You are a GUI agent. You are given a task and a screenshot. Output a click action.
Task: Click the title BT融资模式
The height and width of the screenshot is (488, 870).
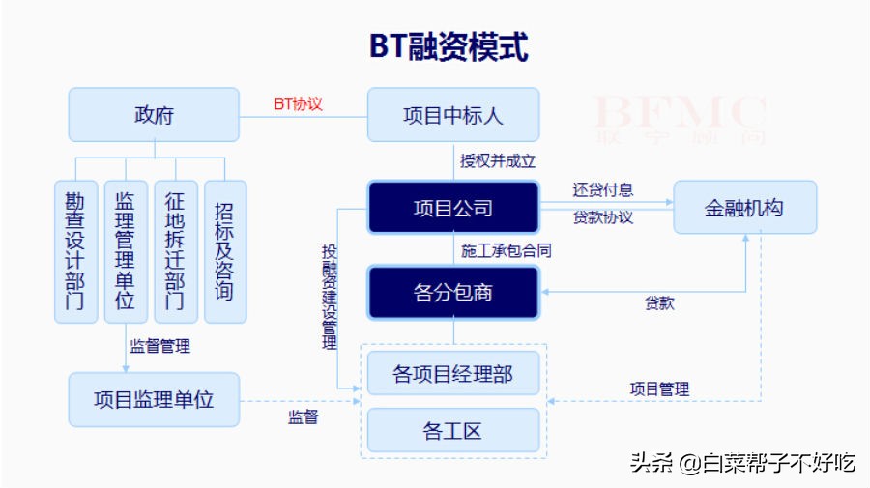point(449,45)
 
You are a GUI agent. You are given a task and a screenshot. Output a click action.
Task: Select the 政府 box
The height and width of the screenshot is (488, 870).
point(154,115)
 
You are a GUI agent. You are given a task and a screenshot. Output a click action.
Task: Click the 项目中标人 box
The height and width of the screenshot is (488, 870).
point(452,115)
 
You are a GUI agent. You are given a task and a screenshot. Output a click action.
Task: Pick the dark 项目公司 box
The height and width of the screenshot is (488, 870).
point(452,208)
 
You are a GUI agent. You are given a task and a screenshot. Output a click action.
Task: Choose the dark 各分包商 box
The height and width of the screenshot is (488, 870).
point(452,292)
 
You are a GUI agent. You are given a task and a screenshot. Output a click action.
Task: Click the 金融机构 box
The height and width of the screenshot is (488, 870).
point(744,207)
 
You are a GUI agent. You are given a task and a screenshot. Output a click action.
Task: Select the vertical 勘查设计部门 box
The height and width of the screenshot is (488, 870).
point(74,251)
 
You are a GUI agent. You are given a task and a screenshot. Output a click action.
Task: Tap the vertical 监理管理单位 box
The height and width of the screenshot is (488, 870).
point(125,251)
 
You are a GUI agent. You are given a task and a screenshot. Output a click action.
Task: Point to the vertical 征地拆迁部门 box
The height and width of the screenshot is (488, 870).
point(175,251)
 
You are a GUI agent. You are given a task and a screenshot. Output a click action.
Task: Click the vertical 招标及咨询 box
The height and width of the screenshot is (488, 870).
point(225,251)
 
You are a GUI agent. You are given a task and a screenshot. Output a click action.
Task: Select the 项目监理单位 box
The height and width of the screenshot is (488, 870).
point(154,399)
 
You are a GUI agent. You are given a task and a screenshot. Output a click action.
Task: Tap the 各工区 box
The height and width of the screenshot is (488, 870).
point(452,430)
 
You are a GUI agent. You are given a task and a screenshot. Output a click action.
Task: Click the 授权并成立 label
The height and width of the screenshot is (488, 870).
point(497,160)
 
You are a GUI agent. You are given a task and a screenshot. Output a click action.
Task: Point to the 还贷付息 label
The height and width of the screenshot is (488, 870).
point(603,190)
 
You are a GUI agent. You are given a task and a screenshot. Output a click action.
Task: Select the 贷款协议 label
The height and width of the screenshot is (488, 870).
point(603,217)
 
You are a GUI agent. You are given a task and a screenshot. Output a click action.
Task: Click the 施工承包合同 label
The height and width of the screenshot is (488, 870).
point(507,250)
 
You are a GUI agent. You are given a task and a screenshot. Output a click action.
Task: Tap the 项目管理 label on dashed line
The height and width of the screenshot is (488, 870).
point(659,388)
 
